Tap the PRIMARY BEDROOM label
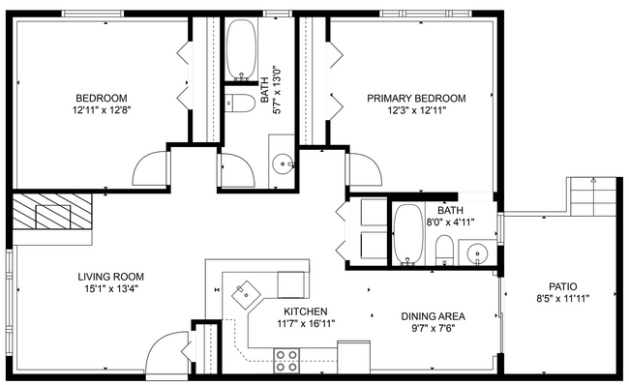pyautogui.click(x=416, y=99)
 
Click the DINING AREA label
pyautogui.click(x=434, y=316)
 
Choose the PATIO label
pyautogui.click(x=562, y=286)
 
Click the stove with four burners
pyautogui.click(x=286, y=360)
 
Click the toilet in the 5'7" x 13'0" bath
pyautogui.click(x=242, y=102)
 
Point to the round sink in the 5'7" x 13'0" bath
pyautogui.click(x=284, y=163)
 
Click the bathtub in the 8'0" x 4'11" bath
pyautogui.click(x=408, y=235)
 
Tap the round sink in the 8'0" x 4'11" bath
pyautogui.click(x=476, y=254)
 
